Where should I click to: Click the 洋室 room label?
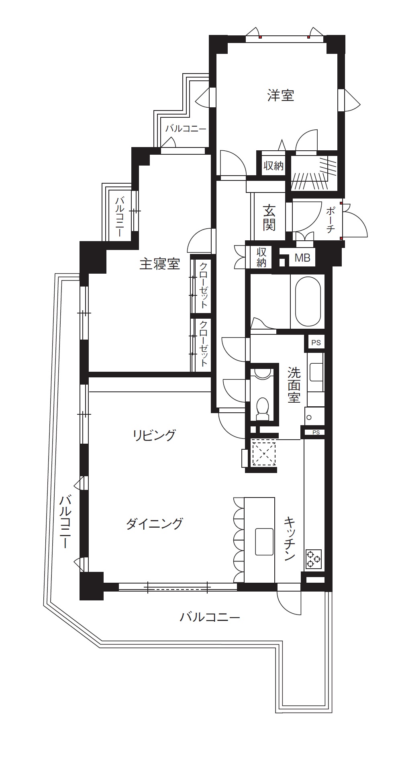(x=281, y=96)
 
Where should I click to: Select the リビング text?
(x=154, y=435)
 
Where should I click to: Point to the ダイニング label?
(x=155, y=523)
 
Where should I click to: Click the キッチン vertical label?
(x=290, y=539)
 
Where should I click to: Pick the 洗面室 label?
(x=294, y=385)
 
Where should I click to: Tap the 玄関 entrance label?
(x=269, y=217)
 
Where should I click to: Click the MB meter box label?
(x=302, y=258)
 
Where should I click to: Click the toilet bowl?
(x=263, y=408)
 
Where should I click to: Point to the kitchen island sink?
(x=264, y=541)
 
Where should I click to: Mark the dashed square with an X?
(x=263, y=453)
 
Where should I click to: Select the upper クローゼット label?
(x=204, y=285)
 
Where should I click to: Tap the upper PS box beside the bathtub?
(x=316, y=343)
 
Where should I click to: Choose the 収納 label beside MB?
(x=261, y=258)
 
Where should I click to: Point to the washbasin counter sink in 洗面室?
(x=316, y=372)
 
